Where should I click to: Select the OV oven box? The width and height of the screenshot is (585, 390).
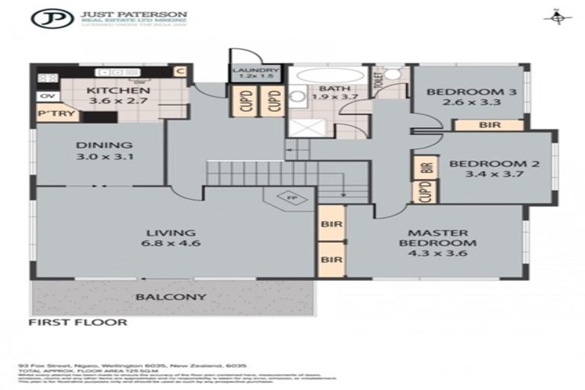[45, 96]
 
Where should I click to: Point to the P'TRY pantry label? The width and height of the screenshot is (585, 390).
[50, 115]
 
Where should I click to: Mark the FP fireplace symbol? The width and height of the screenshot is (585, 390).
[290, 198]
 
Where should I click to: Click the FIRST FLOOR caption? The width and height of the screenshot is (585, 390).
[78, 322]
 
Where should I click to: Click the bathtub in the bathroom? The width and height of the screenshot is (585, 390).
[320, 77]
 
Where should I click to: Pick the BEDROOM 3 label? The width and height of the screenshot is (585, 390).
[461, 96]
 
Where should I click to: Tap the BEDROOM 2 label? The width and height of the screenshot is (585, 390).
[487, 169]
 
